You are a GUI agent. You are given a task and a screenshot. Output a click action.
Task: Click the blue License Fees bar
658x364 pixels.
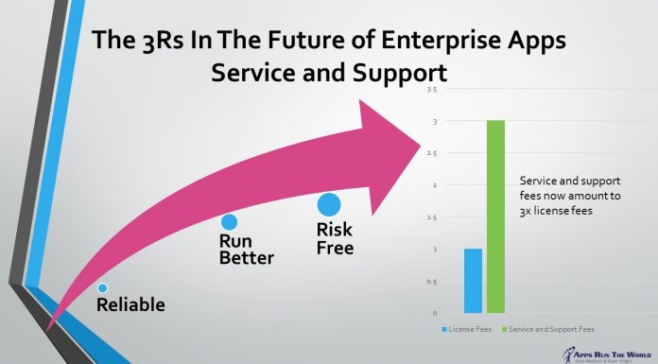pyautogui.click(x=473, y=280)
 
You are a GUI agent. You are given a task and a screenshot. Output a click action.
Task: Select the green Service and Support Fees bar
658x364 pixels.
pyautogui.click(x=496, y=217)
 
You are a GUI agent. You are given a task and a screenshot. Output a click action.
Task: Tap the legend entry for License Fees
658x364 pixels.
pyautogui.click(x=465, y=328)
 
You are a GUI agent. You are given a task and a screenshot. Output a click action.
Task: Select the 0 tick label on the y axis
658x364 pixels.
pyautogui.click(x=434, y=312)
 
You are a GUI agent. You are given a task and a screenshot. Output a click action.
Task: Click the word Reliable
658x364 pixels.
pyautogui.click(x=130, y=304)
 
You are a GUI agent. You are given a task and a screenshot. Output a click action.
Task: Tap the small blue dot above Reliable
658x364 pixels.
pyautogui.click(x=102, y=286)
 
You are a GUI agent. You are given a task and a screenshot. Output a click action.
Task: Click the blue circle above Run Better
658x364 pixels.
pyautogui.click(x=229, y=222)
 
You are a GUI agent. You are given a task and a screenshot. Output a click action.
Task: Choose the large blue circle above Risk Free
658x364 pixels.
pyautogui.click(x=328, y=204)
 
